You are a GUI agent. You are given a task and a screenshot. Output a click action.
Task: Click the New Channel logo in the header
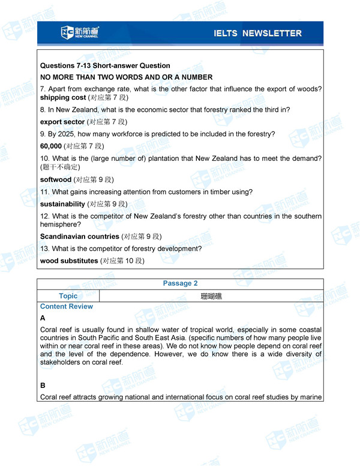pyautogui.click(x=80, y=32)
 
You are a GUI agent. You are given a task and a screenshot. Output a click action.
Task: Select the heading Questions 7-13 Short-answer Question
pyautogui.click(x=105, y=65)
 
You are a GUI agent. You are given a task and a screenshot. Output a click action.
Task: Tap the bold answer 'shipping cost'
pyautogui.click(x=63, y=97)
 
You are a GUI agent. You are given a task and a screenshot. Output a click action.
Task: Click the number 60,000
pyautogui.click(x=51, y=146)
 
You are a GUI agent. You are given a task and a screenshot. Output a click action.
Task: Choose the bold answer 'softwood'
pyautogui.click(x=56, y=180)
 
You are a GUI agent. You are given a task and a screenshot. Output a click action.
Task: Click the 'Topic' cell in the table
pyautogui.click(x=68, y=295)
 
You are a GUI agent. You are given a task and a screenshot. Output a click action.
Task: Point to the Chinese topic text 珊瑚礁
pyautogui.click(x=211, y=296)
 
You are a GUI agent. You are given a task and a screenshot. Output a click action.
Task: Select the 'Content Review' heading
pyautogui.click(x=67, y=306)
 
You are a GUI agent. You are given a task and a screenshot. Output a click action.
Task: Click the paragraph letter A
pyautogui.click(x=43, y=318)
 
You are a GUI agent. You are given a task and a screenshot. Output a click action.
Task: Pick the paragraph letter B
pyautogui.click(x=43, y=385)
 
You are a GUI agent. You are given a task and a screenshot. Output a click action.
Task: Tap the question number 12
pyautogui.click(x=44, y=216)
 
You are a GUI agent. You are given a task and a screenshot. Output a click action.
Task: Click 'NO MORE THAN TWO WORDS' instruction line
pyautogui.click(x=126, y=77)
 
